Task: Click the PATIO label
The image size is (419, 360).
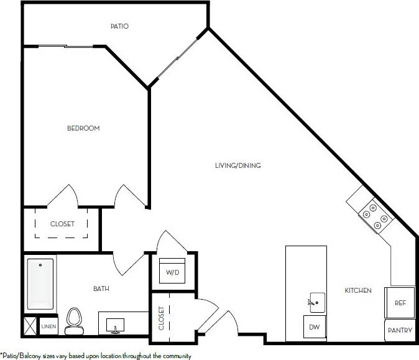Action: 119,26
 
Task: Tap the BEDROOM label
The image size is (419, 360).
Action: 83,128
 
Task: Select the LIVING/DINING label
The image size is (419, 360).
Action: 237,165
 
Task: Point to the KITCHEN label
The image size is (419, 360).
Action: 358,290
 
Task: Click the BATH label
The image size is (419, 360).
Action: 101,288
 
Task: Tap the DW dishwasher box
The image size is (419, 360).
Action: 314,326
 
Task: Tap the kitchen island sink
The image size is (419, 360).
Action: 316,302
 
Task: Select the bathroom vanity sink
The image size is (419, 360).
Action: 115,325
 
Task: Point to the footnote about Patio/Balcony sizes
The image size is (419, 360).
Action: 96,356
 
